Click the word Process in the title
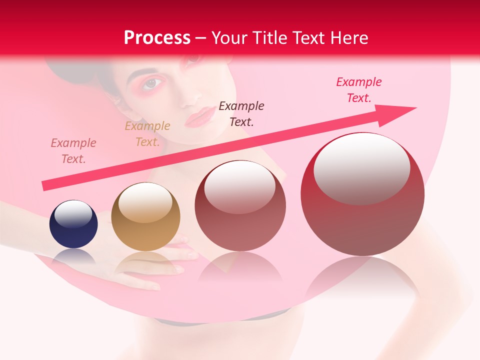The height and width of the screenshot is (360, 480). pyautogui.click(x=157, y=38)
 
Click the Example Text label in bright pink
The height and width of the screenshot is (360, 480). pyautogui.click(x=359, y=90)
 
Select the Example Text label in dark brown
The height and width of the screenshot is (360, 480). pyautogui.click(x=241, y=113)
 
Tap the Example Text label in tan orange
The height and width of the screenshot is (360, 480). pyautogui.click(x=147, y=134)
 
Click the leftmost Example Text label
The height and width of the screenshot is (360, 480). pyautogui.click(x=73, y=151)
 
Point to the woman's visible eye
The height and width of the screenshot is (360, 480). pyautogui.click(x=152, y=83)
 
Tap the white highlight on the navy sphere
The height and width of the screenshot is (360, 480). pyautogui.click(x=73, y=214)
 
